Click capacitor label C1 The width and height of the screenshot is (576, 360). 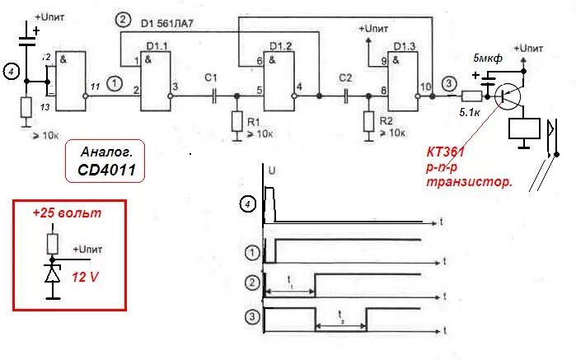[x=210, y=77]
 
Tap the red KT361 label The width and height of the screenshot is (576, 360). [x=447, y=153]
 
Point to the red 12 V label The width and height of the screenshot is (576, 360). [x=86, y=277]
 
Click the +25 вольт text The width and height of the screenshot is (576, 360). [x=68, y=213]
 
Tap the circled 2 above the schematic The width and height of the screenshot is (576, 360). [x=123, y=20]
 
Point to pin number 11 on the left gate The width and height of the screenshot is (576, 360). [x=96, y=86]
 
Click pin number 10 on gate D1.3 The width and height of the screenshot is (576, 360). [x=425, y=86]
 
